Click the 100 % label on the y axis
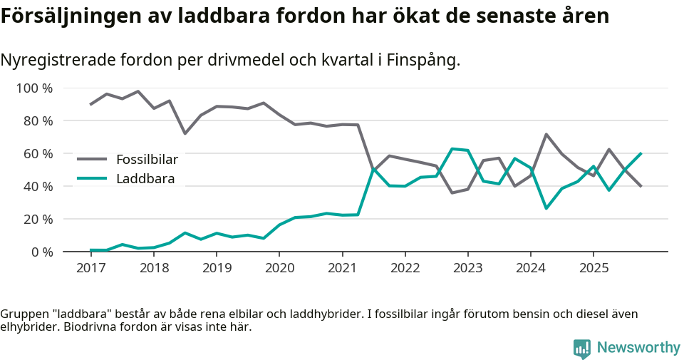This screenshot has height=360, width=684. [x=36, y=88]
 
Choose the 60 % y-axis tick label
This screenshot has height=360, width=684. [x=38, y=154]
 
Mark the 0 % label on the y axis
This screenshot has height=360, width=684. [x=42, y=252]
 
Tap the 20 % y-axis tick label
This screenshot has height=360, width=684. [x=38, y=219]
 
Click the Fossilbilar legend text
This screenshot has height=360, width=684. [x=147, y=159]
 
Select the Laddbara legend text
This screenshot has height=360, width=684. [x=145, y=178]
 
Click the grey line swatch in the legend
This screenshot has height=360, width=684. [x=92, y=159]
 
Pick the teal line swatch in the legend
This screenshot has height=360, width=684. [x=92, y=178]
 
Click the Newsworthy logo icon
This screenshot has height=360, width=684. [x=582, y=348]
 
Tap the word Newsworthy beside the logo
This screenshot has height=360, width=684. [x=638, y=348]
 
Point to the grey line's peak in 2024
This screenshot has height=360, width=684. [x=546, y=134]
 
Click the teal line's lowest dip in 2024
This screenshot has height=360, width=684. [x=546, y=208]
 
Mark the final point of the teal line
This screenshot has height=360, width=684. [x=641, y=153]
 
